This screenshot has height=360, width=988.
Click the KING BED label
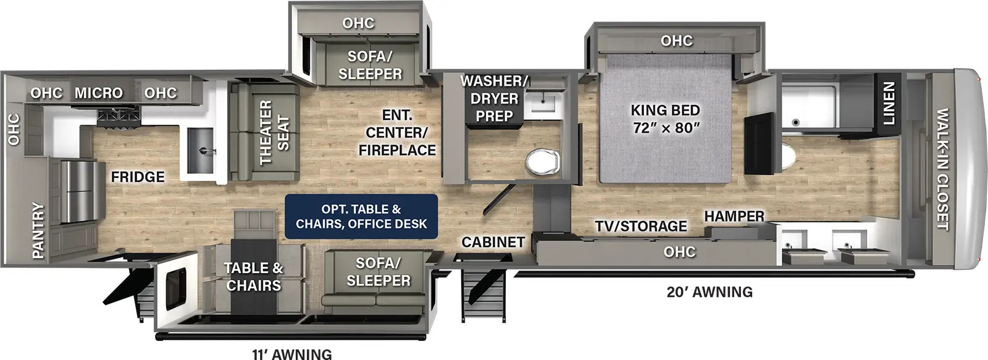pyautogui.click(x=666, y=111)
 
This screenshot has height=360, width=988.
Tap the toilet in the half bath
pyautogui.click(x=543, y=162)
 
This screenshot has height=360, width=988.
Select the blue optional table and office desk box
pyautogui.click(x=361, y=216)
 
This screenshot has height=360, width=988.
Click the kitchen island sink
pyautogui.click(x=201, y=151)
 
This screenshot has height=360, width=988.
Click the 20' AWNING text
pyautogui.click(x=710, y=292)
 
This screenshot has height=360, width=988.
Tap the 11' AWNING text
pyautogui.click(x=292, y=354)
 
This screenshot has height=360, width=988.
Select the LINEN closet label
pyautogui.click(x=889, y=103)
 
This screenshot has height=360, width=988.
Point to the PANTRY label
pyautogui.click(x=38, y=230)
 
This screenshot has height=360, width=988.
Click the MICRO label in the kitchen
pyautogui.click(x=98, y=93)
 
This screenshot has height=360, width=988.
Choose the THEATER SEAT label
pyautogui.click(x=274, y=132)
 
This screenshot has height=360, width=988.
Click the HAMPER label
pyautogui.click(x=734, y=216)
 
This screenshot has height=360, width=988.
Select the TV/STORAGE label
pyautogui.click(x=641, y=226)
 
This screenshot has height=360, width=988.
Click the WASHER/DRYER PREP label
pyautogui.click(x=494, y=98)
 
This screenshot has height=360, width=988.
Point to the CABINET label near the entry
pyautogui.click(x=493, y=242)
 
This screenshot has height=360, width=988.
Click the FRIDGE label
pyautogui.click(x=138, y=177)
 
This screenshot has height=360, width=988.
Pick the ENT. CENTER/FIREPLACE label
pyautogui.click(x=397, y=132)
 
